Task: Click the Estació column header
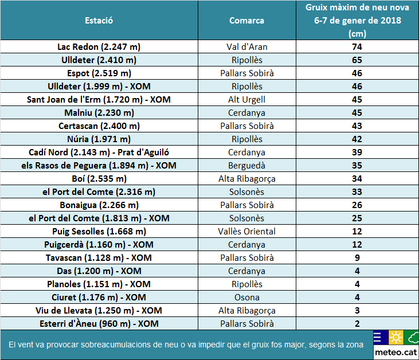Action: [99, 20]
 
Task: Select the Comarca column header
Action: [246, 21]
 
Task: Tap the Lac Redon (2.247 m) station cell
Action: [99, 47]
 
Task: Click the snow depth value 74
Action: [357, 47]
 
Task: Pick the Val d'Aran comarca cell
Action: [247, 47]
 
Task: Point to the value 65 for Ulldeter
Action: [357, 60]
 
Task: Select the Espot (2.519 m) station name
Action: [99, 73]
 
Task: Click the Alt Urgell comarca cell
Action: [247, 100]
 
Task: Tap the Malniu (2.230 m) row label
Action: [99, 113]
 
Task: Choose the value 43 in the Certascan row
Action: [357, 126]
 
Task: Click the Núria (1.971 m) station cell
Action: [99, 139]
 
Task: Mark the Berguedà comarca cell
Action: [247, 166]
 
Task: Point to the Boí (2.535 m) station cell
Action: [99, 179]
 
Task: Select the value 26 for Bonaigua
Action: [357, 205]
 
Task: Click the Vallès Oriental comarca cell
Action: [247, 232]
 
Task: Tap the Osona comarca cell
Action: [247, 298]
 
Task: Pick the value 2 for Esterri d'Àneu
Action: [357, 324]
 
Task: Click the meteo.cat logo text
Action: [394, 350]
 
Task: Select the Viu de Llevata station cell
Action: [99, 311]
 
